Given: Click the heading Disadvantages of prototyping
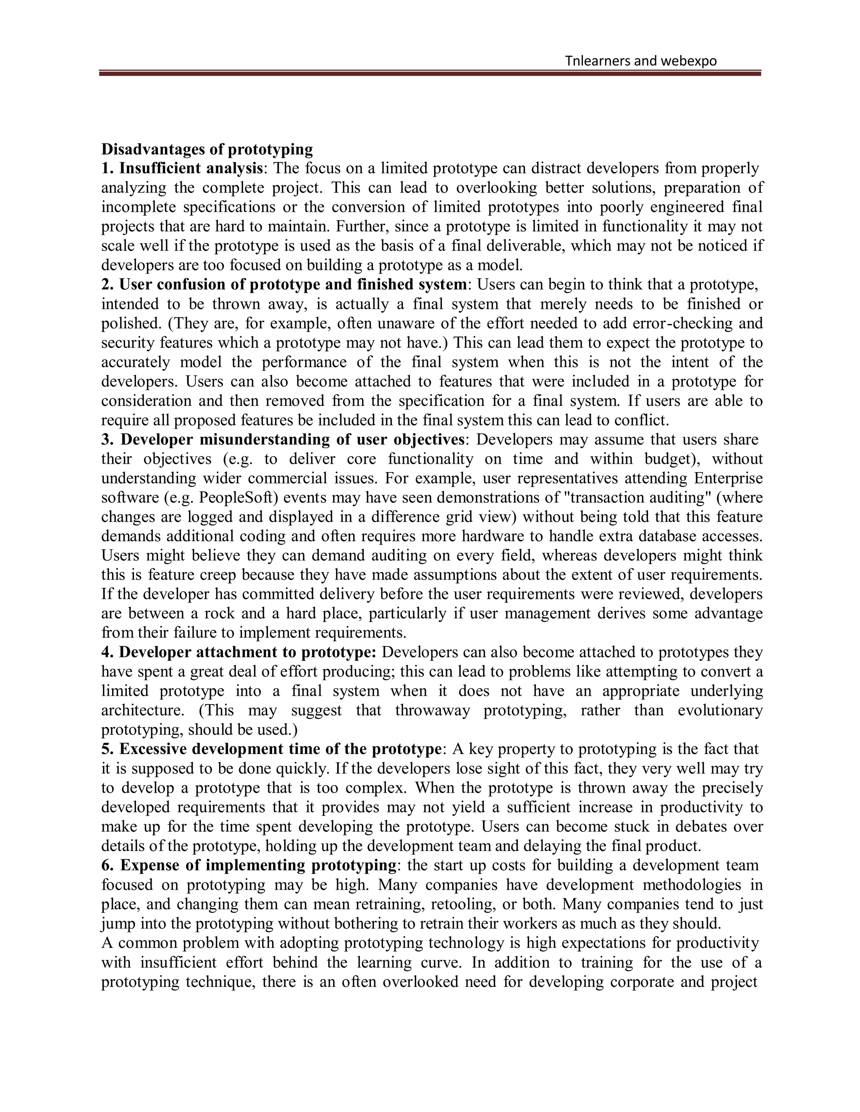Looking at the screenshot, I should tap(207, 149).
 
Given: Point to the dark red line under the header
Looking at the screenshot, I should tap(430, 74).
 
